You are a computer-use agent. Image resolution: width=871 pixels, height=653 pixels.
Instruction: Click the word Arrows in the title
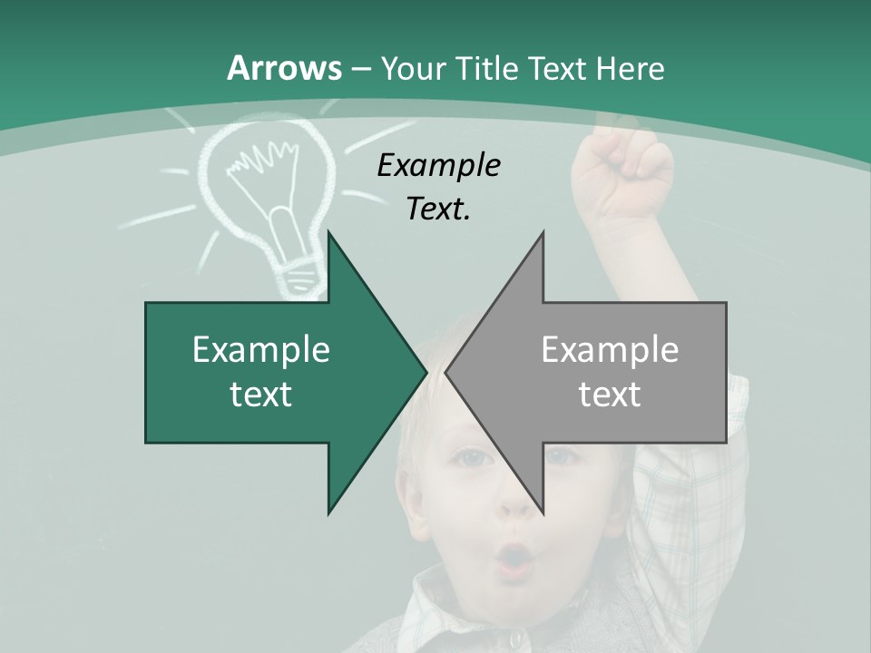(284, 68)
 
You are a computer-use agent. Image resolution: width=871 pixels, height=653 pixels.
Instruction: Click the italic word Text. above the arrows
(438, 209)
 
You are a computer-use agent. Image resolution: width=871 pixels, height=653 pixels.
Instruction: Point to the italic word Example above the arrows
(438, 166)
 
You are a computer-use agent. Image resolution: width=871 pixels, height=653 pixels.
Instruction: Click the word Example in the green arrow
(261, 350)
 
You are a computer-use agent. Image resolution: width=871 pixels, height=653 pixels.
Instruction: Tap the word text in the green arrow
(261, 395)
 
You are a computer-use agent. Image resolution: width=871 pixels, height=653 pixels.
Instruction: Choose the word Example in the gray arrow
(610, 350)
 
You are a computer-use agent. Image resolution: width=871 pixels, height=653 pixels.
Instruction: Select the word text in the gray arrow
(610, 395)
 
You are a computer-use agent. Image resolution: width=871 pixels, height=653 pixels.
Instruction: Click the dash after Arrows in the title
(359, 69)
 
